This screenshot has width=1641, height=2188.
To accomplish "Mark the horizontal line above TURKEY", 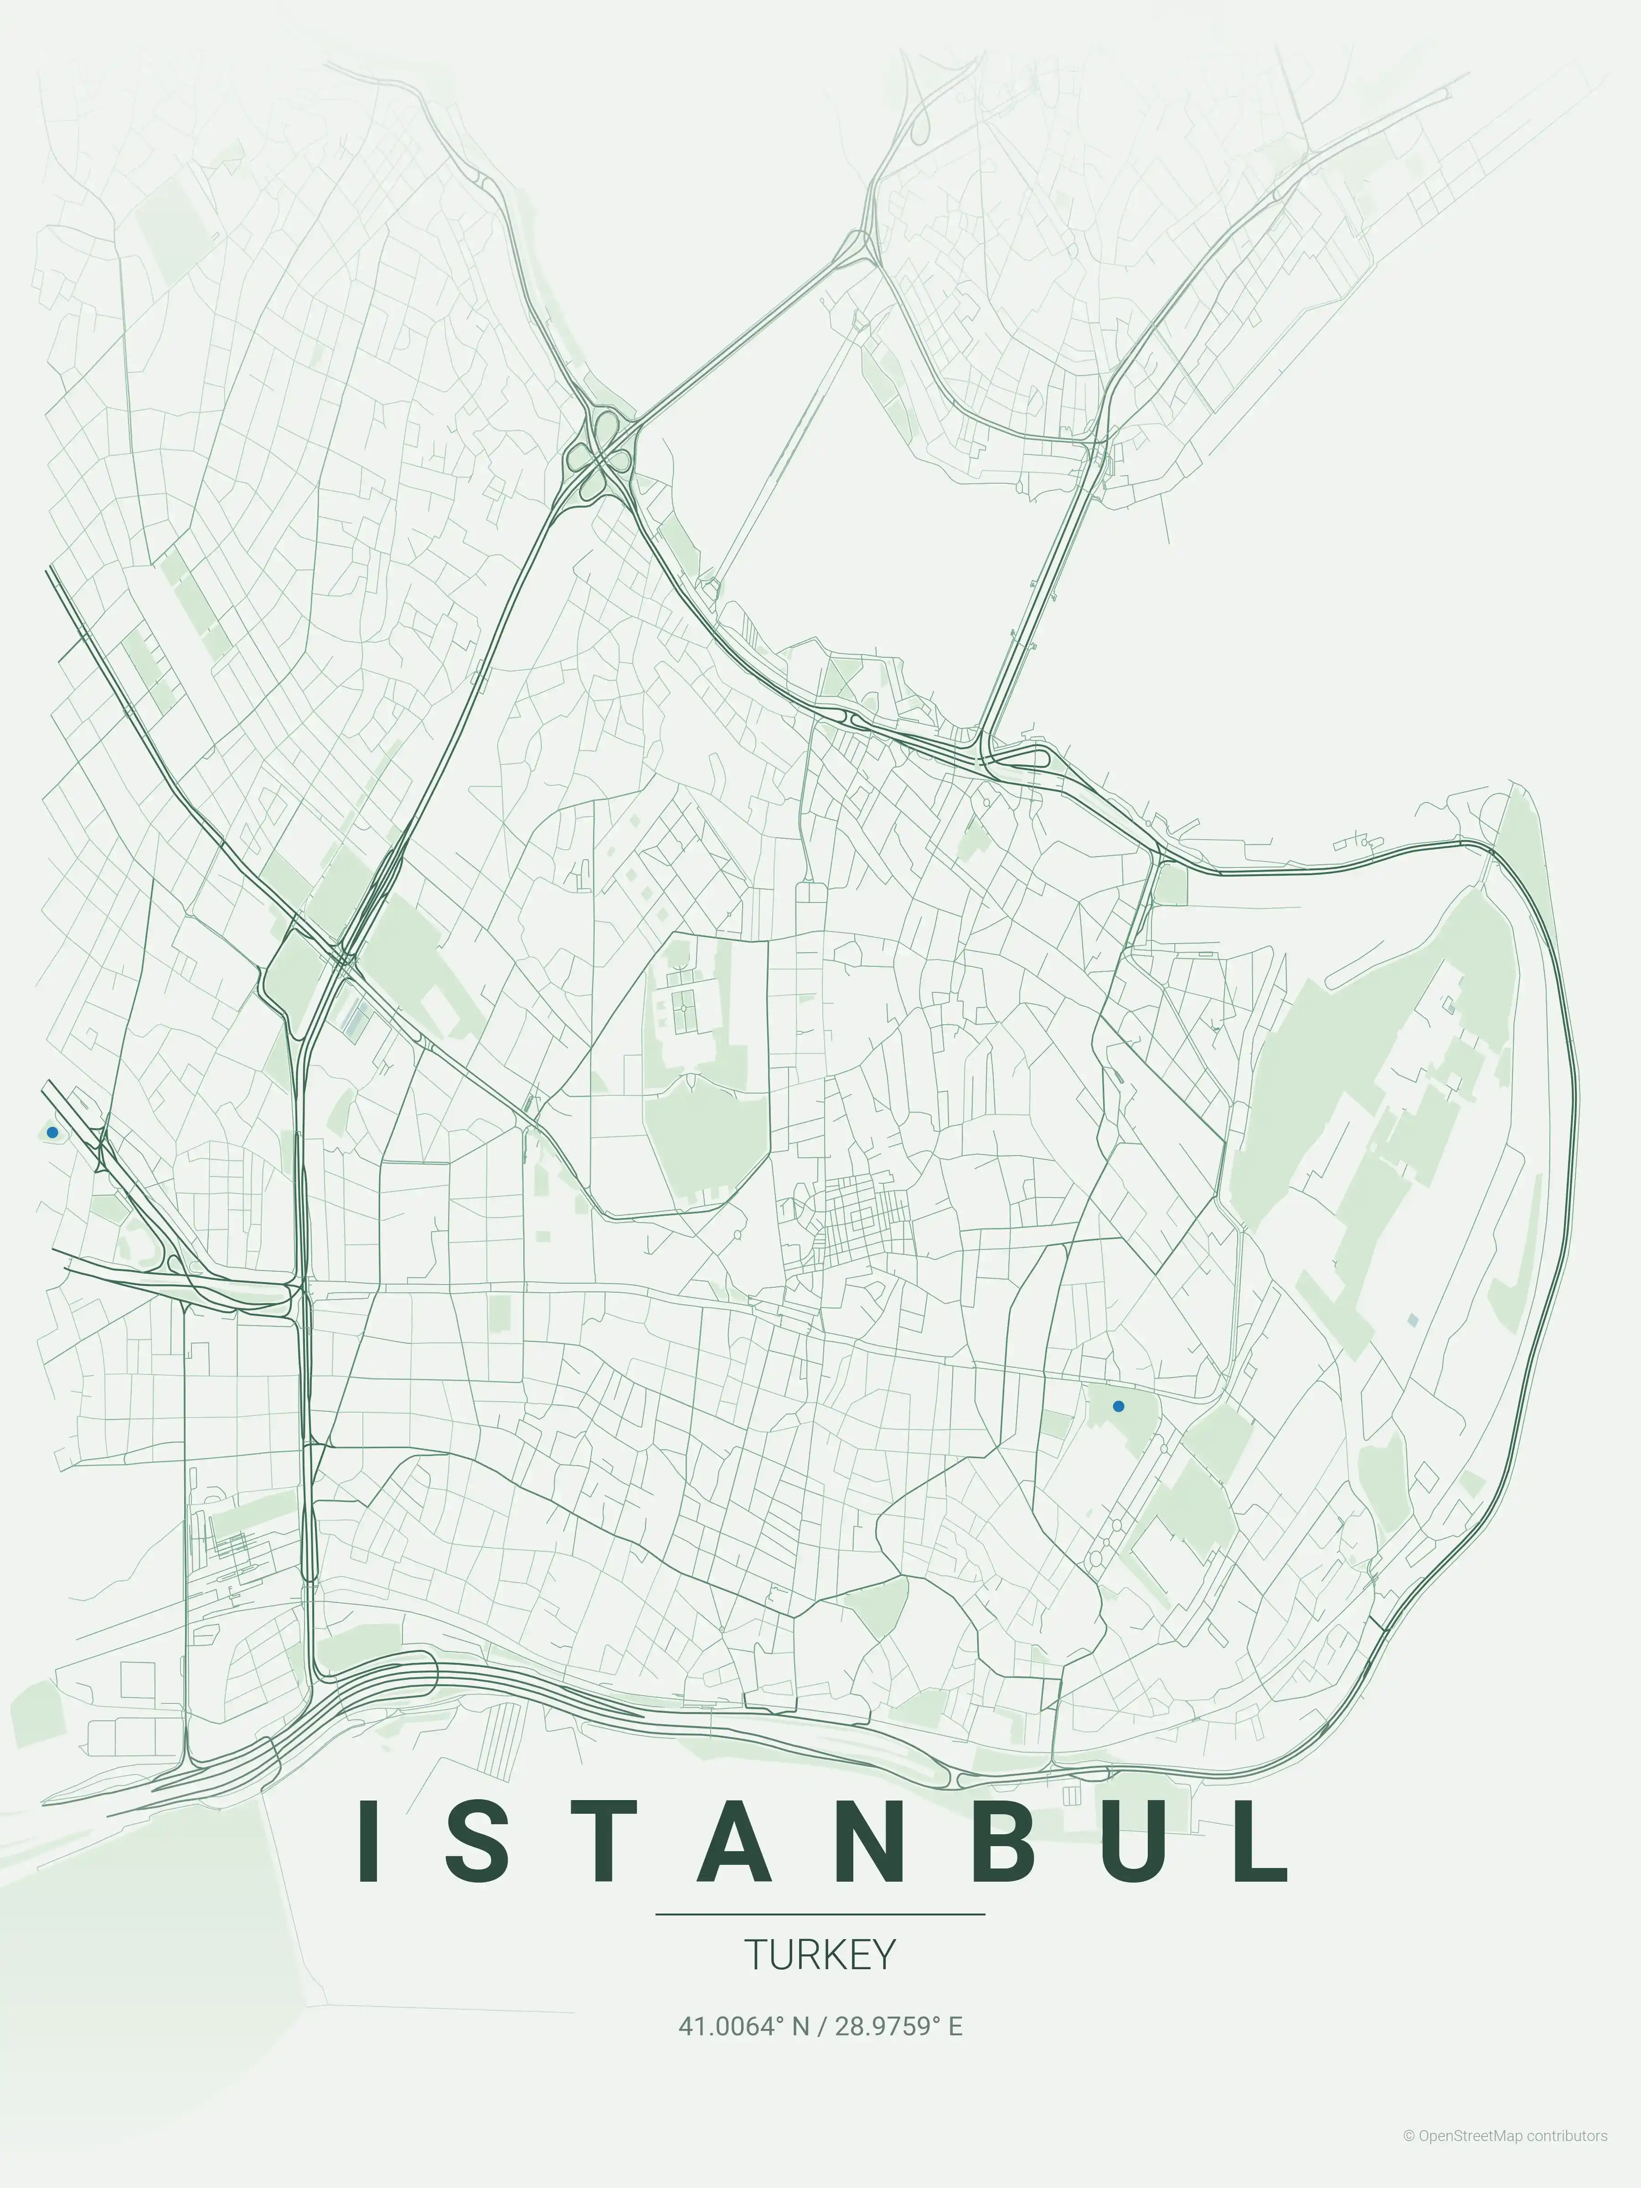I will [x=820, y=1914].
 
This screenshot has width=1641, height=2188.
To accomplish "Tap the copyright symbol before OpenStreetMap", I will [x=1409, y=2157].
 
